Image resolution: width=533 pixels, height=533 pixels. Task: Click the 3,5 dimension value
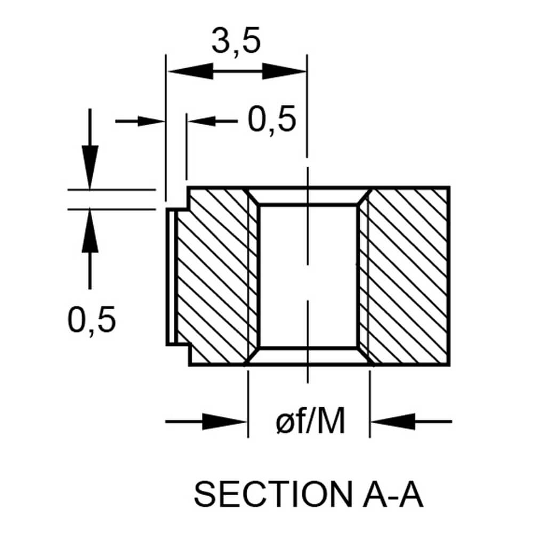pyautogui.click(x=236, y=43)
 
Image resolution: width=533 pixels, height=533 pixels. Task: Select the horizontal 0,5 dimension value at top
pyautogui.click(x=271, y=120)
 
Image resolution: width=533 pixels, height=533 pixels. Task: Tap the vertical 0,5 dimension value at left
pyautogui.click(x=91, y=320)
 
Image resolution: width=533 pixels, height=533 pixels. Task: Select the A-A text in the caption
pyautogui.click(x=389, y=495)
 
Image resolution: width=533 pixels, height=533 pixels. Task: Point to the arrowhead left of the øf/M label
pyautogui.click(x=227, y=422)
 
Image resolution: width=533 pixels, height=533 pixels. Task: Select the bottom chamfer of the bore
pyautogui.click(x=308, y=357)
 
